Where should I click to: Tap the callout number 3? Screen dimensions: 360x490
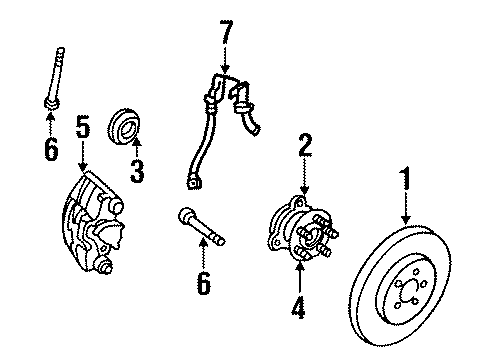click(137, 170)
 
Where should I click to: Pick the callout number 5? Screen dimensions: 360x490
click(83, 127)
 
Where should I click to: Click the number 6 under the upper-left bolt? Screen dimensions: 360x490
click(51, 150)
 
